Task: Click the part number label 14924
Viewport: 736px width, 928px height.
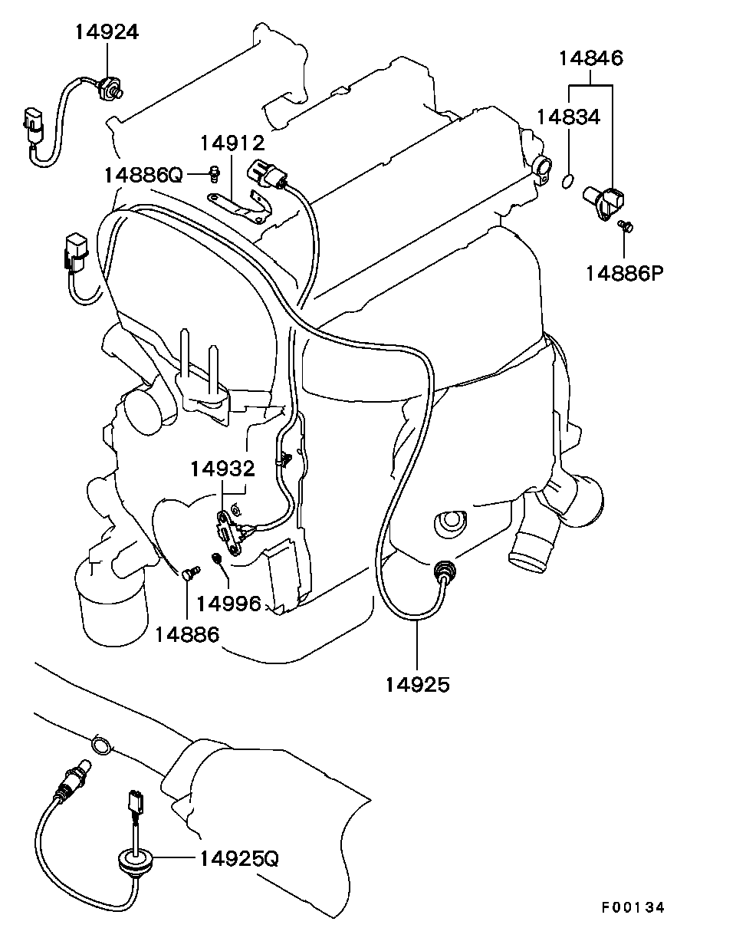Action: click(x=107, y=32)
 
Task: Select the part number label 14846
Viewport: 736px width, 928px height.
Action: click(x=590, y=58)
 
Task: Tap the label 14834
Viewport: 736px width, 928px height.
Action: click(x=568, y=117)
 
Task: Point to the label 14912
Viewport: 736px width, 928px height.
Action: click(x=232, y=143)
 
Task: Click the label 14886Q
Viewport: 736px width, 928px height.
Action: click(x=143, y=175)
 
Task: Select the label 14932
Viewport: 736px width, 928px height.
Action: click(x=222, y=469)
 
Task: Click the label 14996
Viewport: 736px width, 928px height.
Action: click(x=229, y=604)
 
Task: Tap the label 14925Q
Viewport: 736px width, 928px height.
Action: click(x=239, y=859)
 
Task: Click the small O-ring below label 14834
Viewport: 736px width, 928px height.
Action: click(x=568, y=181)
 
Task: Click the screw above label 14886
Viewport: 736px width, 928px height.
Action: click(x=191, y=572)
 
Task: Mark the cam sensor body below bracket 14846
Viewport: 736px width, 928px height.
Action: click(x=603, y=202)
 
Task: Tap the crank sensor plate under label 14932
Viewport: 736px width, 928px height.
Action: click(x=228, y=533)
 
